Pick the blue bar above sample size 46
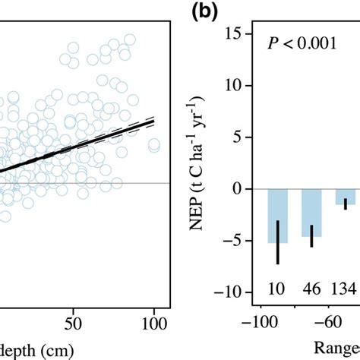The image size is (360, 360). coord(311,212)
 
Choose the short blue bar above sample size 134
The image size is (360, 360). coord(346,197)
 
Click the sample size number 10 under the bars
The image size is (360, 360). coord(278,288)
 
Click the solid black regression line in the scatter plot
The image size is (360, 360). coord(76,149)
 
